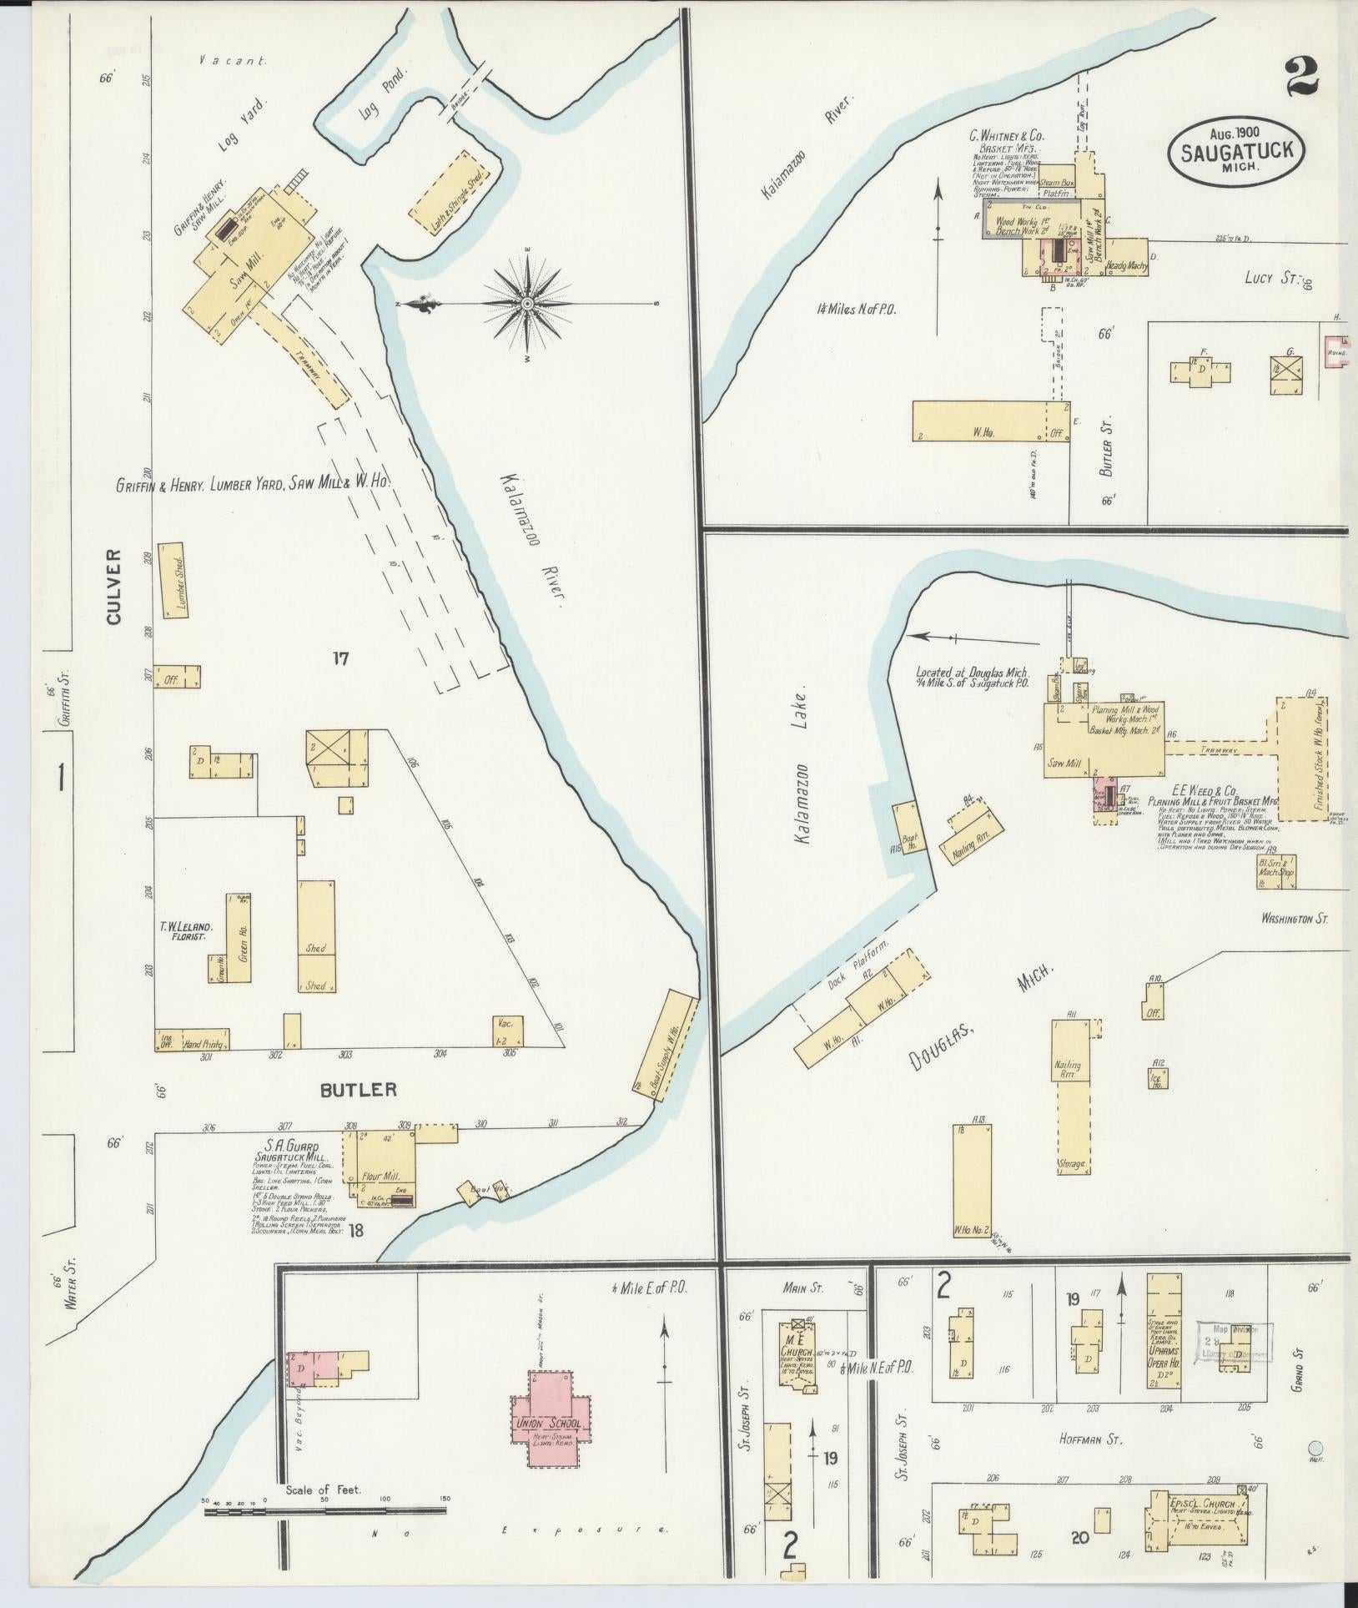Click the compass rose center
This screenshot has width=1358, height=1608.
click(527, 304)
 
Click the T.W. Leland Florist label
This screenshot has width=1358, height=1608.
click(187, 932)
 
